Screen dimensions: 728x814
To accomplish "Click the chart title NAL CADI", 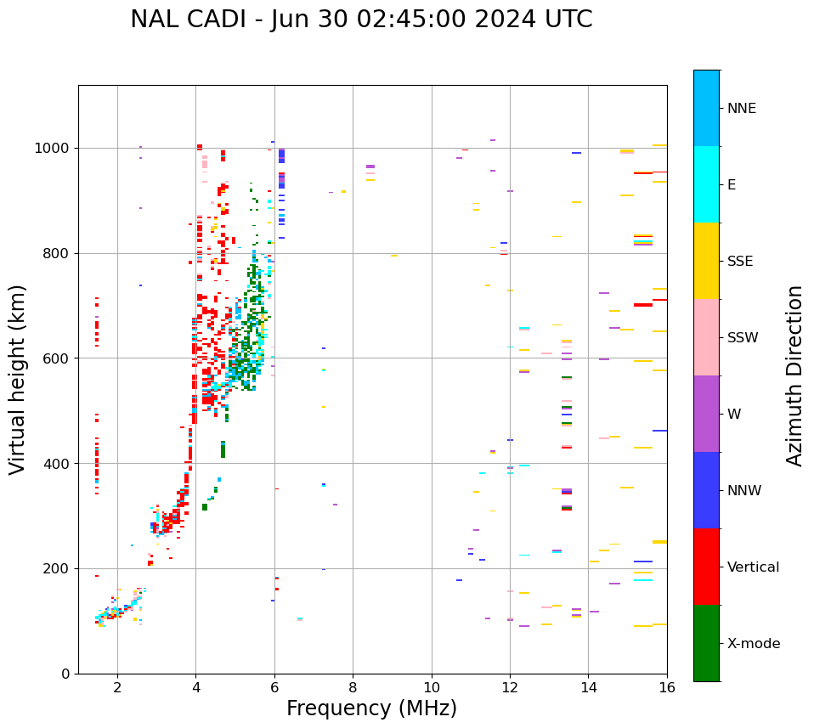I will click(x=361, y=20).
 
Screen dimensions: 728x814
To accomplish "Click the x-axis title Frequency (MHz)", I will click(x=371, y=708).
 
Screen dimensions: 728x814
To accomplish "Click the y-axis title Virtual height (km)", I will click(x=18, y=380).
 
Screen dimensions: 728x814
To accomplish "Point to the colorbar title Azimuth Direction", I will click(x=794, y=375).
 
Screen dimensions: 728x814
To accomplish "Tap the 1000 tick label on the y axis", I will click(x=53, y=149).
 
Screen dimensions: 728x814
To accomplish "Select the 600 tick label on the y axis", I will click(x=56, y=358).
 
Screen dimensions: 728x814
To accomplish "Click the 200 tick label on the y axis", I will click(x=56, y=569).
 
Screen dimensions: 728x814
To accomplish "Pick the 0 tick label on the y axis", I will click(x=65, y=674).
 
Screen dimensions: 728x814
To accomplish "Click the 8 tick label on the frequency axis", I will click(x=353, y=687).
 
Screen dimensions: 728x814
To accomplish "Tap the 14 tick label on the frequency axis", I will click(x=588, y=687).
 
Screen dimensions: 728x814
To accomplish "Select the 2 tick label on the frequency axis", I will click(x=117, y=687).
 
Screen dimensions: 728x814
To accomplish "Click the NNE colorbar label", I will click(x=742, y=109).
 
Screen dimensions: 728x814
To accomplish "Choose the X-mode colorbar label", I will click(x=754, y=644).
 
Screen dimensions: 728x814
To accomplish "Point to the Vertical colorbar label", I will click(x=754, y=567).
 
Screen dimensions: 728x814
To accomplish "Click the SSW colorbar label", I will click(x=743, y=338).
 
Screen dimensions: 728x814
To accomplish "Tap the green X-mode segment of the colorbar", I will click(x=706, y=643).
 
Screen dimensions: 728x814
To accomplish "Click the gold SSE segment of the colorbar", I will click(x=706, y=261).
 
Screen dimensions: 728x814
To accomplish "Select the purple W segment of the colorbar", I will click(x=706, y=414).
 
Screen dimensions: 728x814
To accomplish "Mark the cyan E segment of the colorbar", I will click(x=706, y=184).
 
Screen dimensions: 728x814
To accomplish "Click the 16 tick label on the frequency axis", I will click(x=666, y=687).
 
